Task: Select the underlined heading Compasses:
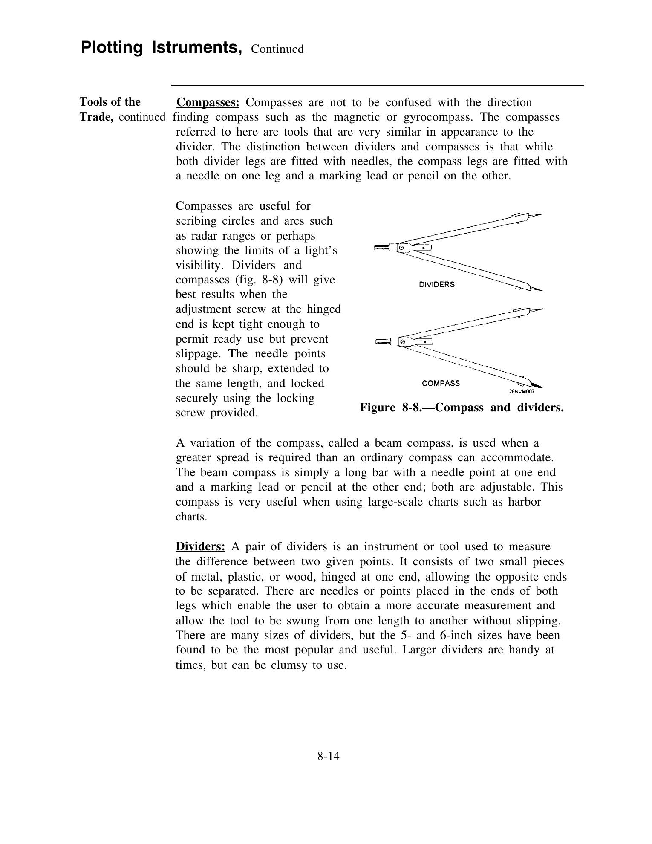[x=208, y=103]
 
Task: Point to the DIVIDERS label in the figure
[x=437, y=285]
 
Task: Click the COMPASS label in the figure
[x=441, y=383]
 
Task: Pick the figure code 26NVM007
[x=522, y=392]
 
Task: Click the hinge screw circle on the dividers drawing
[x=401, y=248]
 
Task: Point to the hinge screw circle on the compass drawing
[x=402, y=342]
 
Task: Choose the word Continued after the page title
[x=277, y=49]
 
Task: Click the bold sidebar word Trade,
[x=96, y=117]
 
